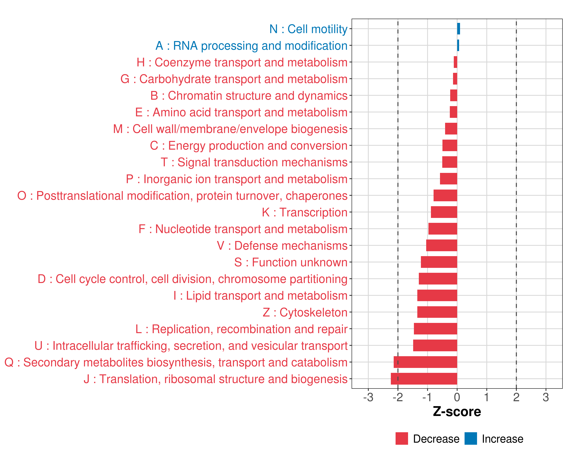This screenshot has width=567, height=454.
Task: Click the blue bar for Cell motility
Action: [458, 29]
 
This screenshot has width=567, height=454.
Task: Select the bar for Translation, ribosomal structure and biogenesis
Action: [424, 379]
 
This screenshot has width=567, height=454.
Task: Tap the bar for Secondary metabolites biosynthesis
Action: [425, 362]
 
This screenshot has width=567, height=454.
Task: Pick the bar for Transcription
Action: [444, 212]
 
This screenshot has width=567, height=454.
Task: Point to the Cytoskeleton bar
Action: [437, 312]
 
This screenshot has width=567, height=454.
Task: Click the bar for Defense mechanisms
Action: [442, 245]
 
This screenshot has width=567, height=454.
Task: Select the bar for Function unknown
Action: [439, 262]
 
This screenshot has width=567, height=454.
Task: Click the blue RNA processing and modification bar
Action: [458, 45]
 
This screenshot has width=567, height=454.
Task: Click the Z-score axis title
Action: [457, 412]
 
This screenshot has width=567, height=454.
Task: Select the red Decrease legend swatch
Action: [402, 438]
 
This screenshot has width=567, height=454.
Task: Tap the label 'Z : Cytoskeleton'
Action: [305, 312]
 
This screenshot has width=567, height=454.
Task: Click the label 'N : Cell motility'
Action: [308, 29]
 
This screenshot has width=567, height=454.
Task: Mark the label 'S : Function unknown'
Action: [291, 262]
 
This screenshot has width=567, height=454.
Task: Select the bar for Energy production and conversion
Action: [450, 145]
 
